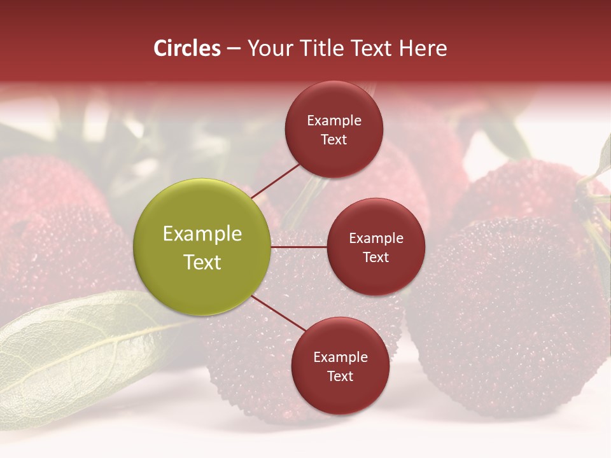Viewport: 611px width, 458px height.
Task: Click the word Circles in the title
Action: (x=186, y=48)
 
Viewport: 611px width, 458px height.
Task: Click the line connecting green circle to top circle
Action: (x=275, y=180)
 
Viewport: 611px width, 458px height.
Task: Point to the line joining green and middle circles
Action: (x=298, y=247)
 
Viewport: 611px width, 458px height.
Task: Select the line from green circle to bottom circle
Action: (x=277, y=313)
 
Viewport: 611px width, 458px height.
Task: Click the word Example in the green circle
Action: (x=202, y=234)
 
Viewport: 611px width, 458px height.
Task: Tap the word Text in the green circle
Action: (x=202, y=262)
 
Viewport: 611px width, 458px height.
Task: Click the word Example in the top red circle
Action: (x=334, y=121)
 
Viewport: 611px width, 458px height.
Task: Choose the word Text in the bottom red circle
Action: (x=340, y=376)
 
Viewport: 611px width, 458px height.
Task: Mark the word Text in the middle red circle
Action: (x=376, y=257)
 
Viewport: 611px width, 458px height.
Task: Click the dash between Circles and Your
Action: (x=233, y=49)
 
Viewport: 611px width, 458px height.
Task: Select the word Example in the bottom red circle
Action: (x=340, y=357)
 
